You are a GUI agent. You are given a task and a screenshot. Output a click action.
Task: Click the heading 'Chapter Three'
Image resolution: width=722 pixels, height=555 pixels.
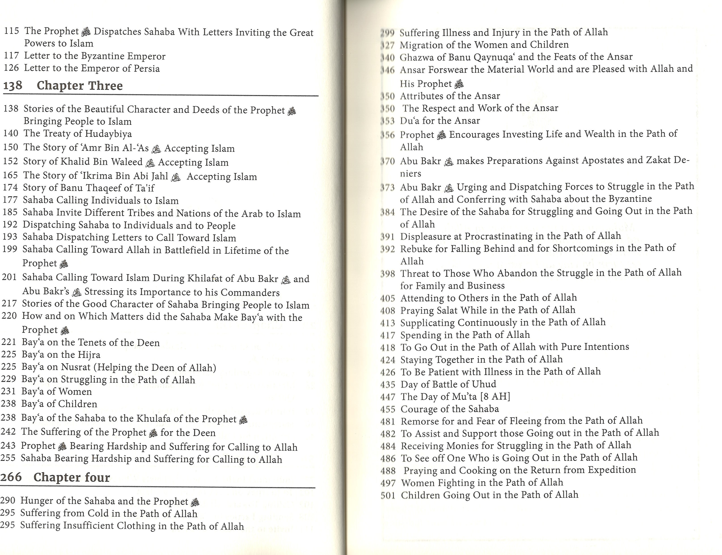point(79,86)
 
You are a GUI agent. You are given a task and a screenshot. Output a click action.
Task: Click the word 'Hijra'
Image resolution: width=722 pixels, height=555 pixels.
point(89,355)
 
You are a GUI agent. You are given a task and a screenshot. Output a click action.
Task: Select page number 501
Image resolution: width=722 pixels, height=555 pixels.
point(388,495)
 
